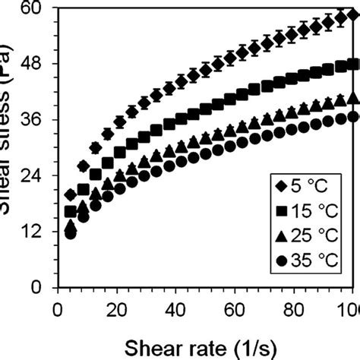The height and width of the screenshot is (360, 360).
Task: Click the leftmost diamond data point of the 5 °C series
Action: click(x=71, y=195)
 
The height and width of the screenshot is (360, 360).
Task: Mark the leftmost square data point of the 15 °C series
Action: click(x=71, y=211)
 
